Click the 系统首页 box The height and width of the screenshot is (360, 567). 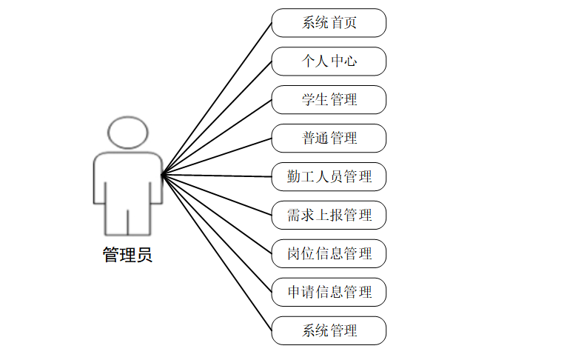pyautogui.click(x=329, y=23)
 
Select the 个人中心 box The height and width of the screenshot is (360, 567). pyautogui.click(x=329, y=61)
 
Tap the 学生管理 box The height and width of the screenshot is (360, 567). pyautogui.click(x=329, y=100)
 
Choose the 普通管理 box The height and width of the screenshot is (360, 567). pyautogui.click(x=329, y=139)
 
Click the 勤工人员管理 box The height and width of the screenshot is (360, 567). pyautogui.click(x=329, y=177)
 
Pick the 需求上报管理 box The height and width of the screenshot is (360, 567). pyautogui.click(x=329, y=216)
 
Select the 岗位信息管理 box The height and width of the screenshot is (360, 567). pyautogui.click(x=329, y=254)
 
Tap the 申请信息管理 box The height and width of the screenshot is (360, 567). pyautogui.click(x=329, y=293)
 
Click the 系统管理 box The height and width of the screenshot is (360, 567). pyautogui.click(x=329, y=331)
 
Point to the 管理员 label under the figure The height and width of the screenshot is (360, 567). pyautogui.click(x=127, y=256)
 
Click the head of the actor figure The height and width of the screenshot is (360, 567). pyautogui.click(x=128, y=132)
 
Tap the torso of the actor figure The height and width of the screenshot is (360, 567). pyautogui.click(x=127, y=178)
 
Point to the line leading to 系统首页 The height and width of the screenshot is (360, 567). pyautogui.click(x=217, y=99)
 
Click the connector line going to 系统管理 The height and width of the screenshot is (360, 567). pyautogui.click(x=217, y=253)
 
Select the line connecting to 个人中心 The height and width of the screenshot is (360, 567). pyautogui.click(x=217, y=118)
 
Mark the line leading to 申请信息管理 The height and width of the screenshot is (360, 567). pyautogui.click(x=217, y=233)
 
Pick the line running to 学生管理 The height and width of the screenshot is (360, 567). pyautogui.click(x=217, y=137)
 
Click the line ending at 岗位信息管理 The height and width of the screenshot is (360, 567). pyautogui.click(x=217, y=214)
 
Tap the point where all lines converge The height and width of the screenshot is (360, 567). pyautogui.click(x=162, y=175)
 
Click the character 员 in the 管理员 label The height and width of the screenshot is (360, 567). pyautogui.click(x=144, y=256)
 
